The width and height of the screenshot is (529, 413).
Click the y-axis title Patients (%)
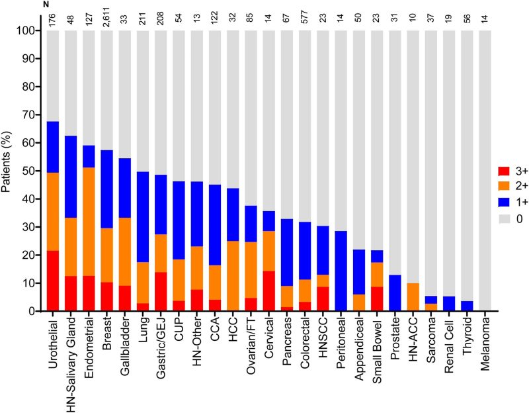pos(8,171)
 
